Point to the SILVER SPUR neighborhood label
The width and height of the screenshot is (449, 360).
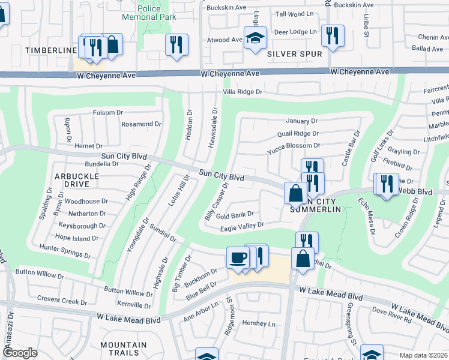tap(294, 54)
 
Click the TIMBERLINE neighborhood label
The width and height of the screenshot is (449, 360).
tap(51, 50)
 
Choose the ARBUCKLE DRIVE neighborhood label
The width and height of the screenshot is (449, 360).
tap(77, 181)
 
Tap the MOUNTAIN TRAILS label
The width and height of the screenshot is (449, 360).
tap(123, 349)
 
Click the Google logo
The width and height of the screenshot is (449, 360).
tap(20, 353)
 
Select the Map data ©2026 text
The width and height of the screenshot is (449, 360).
tap(423, 355)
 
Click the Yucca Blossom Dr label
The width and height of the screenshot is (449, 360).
tap(294, 146)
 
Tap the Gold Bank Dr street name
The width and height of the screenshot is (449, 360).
tap(235, 215)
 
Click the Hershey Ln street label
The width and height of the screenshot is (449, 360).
tap(258, 323)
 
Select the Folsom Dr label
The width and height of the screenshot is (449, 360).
tap(107, 113)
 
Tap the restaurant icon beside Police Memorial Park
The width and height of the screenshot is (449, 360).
tap(176, 46)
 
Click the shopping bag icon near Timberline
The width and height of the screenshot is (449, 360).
tap(112, 44)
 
